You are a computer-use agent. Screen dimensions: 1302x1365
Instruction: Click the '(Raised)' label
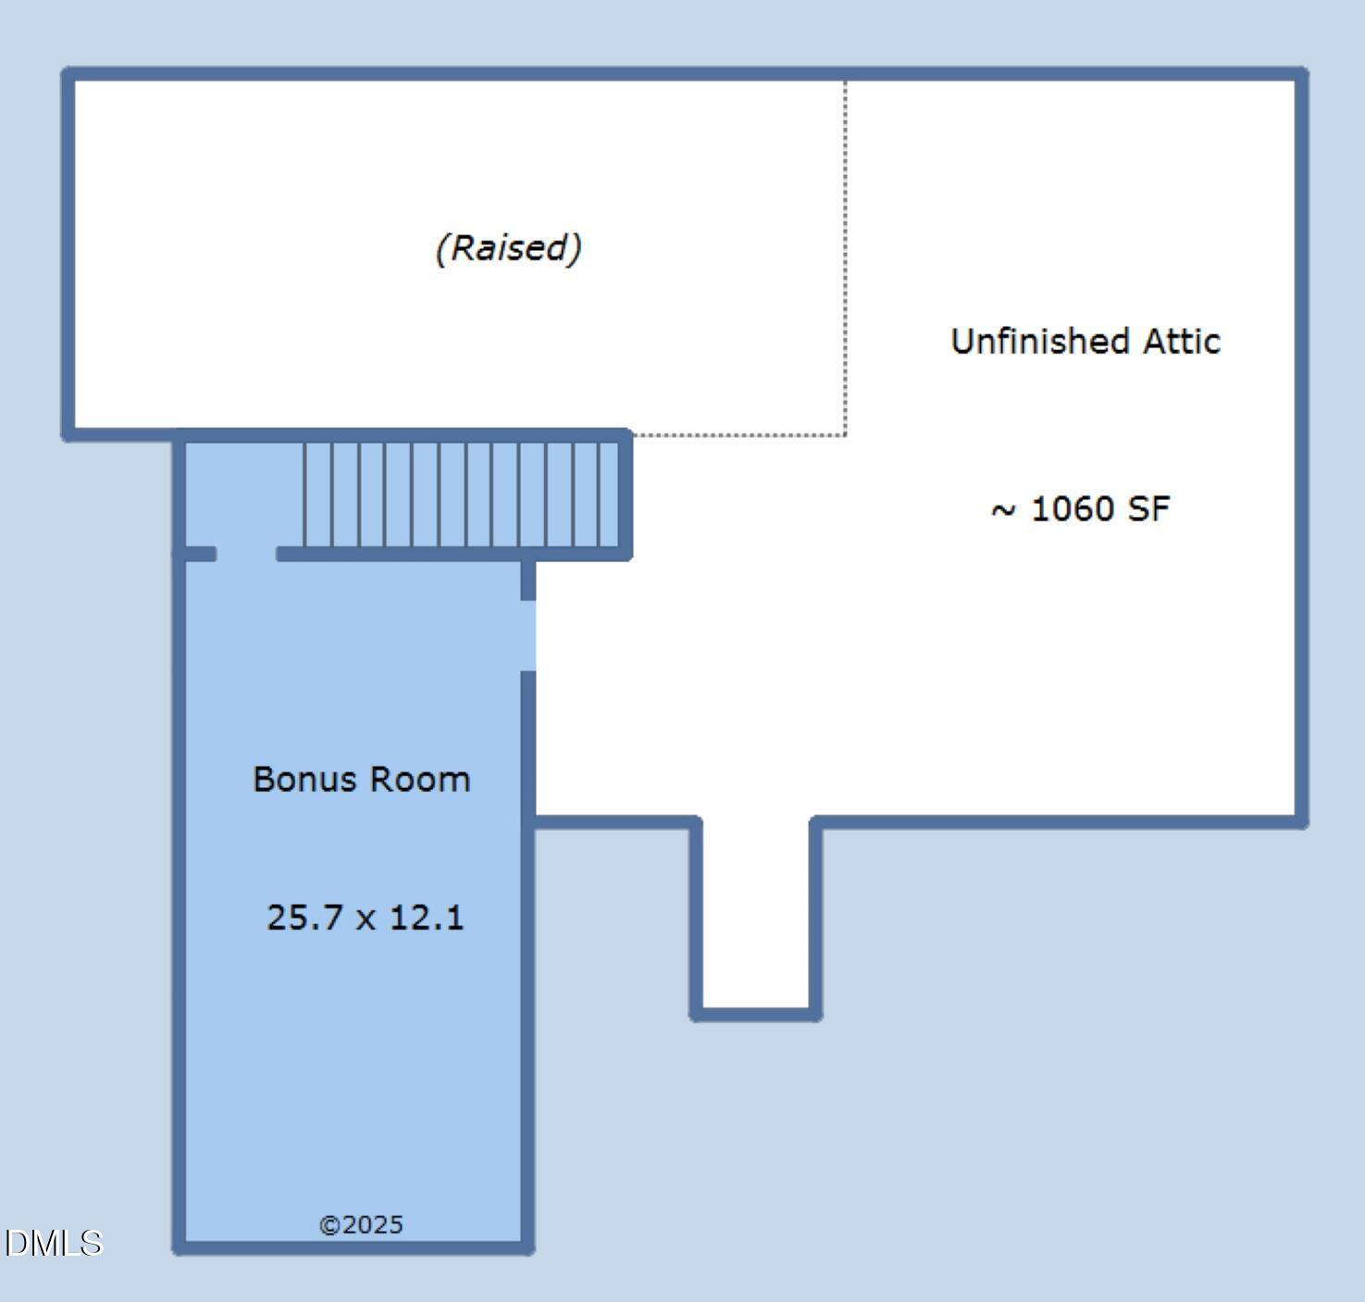pyautogui.click(x=508, y=248)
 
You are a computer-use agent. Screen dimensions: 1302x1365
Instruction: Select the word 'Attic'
pyautogui.click(x=1182, y=342)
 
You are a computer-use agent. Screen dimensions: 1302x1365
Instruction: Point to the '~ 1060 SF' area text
pyautogui.click(x=1080, y=509)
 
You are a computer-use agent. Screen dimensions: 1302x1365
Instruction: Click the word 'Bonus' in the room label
pyautogui.click(x=304, y=780)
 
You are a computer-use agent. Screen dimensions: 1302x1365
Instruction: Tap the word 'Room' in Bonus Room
pyautogui.click(x=420, y=780)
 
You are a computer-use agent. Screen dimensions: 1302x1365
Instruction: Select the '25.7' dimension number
pyautogui.click(x=304, y=918)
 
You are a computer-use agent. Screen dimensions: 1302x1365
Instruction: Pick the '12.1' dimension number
pyautogui.click(x=426, y=918)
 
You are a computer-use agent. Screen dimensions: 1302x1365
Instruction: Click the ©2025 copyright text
pyautogui.click(x=361, y=1225)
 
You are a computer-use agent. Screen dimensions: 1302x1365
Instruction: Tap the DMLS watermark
pyautogui.click(x=53, y=1243)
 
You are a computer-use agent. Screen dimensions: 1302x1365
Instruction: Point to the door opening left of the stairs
pyautogui.click(x=246, y=554)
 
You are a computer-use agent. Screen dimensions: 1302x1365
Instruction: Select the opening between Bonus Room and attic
pyautogui.click(x=527, y=635)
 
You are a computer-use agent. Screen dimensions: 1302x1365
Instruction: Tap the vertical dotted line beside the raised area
pyautogui.click(x=845, y=259)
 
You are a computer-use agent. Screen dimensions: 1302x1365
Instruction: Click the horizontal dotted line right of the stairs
pyautogui.click(x=738, y=434)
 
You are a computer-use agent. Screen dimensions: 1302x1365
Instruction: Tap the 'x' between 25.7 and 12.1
pyautogui.click(x=366, y=920)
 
